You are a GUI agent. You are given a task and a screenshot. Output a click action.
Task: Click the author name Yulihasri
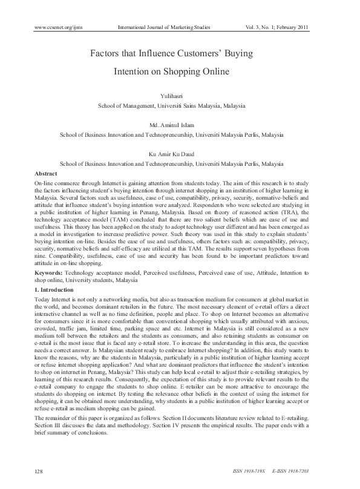pyautogui.click(x=180, y=96)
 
